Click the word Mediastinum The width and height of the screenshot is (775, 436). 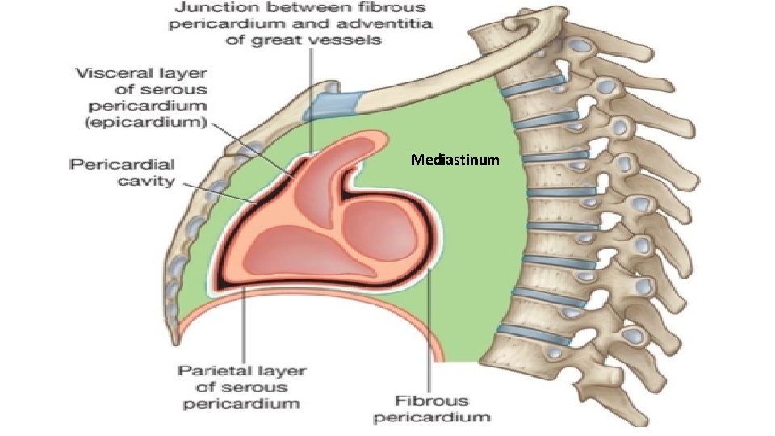pyautogui.click(x=455, y=160)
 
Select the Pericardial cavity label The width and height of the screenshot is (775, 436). pyautogui.click(x=134, y=172)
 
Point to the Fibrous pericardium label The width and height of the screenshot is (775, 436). pyautogui.click(x=443, y=409)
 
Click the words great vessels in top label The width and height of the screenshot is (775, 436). pyautogui.click(x=334, y=40)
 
